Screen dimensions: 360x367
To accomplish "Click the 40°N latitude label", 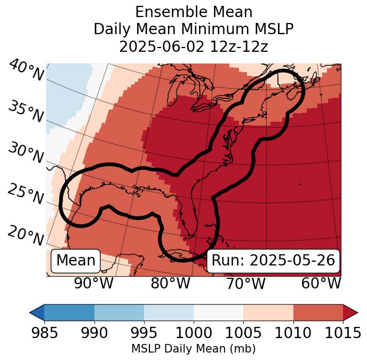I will [x=26, y=72].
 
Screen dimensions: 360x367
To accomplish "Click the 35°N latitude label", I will [x=26, y=112].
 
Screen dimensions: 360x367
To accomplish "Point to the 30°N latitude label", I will [x=26, y=154].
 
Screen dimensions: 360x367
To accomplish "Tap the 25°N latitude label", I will [x=26, y=195].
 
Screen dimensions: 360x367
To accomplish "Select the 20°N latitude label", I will [x=26, y=236].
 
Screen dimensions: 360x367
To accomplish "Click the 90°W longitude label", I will [x=94, y=284].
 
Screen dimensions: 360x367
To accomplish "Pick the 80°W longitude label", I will [x=170, y=284].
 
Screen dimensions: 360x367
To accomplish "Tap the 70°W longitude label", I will [x=245, y=284].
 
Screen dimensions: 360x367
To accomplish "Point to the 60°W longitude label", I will [x=321, y=284].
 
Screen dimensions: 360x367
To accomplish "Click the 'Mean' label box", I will [x=76, y=261].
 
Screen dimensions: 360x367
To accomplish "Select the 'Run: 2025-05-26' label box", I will [x=273, y=261].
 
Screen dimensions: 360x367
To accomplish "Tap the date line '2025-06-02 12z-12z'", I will [x=194, y=46].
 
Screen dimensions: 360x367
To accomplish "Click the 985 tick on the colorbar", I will [x=44, y=333].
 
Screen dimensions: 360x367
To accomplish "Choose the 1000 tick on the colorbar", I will [x=194, y=333].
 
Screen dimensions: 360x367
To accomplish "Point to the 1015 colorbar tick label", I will [x=343, y=333].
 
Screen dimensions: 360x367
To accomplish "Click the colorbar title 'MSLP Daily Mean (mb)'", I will [x=194, y=349].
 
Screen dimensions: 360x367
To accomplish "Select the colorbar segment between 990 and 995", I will [x=119, y=312].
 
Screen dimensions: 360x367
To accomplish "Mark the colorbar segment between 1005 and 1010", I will [x=268, y=312].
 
